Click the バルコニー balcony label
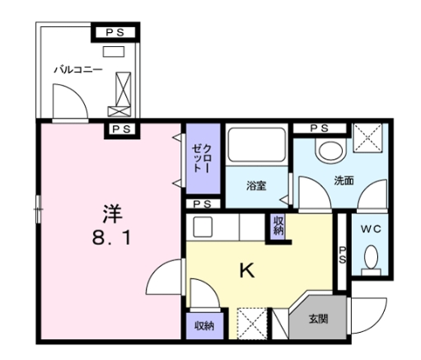pos(77,70)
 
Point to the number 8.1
pos(113,241)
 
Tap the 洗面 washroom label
pos(343,180)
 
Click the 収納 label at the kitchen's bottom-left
pos(203,326)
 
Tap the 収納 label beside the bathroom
pos(278,226)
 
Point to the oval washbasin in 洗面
pos(332,151)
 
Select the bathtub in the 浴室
pos(255,147)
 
